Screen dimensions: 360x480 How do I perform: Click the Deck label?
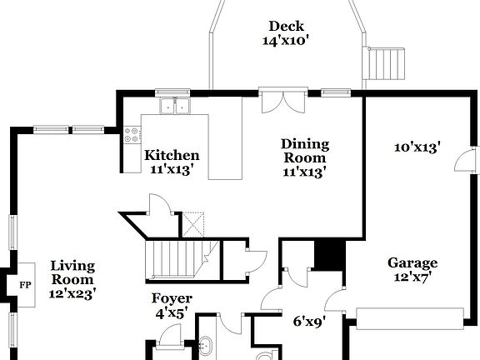point(285,26)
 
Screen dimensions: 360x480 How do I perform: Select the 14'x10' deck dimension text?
point(285,40)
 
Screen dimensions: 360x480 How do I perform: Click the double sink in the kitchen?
point(176,106)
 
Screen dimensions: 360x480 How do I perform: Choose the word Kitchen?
point(172,155)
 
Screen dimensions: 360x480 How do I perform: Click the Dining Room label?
point(304,151)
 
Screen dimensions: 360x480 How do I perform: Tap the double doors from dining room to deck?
point(276,101)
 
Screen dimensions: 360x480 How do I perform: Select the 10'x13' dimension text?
point(417,147)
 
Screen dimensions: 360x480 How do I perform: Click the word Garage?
point(412,263)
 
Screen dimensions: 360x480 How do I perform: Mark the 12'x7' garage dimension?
point(412,277)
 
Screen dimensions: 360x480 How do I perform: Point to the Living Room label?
point(72,272)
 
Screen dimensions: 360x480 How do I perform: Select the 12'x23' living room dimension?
point(72,292)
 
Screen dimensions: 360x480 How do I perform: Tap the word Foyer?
point(172,298)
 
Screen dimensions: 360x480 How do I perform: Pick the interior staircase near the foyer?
point(176,256)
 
